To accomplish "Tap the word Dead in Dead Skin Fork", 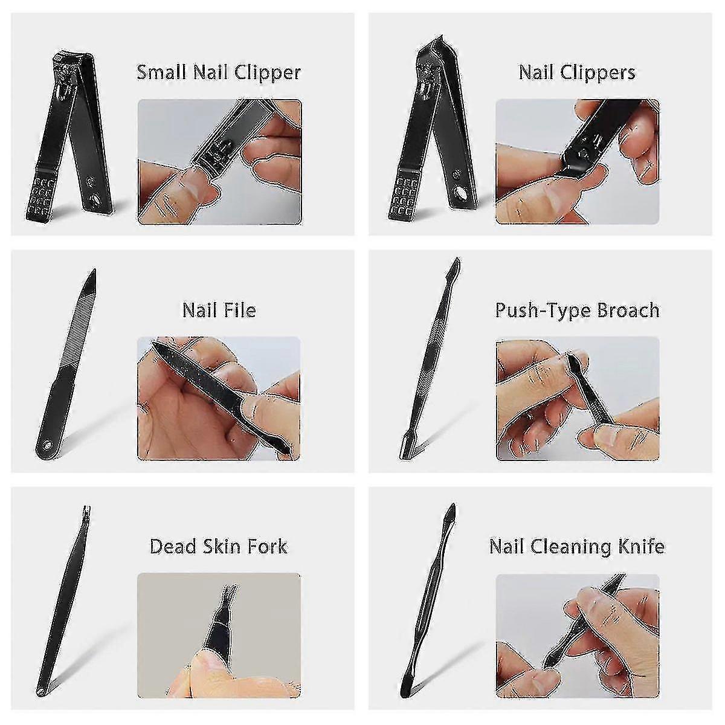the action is click(173, 546).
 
